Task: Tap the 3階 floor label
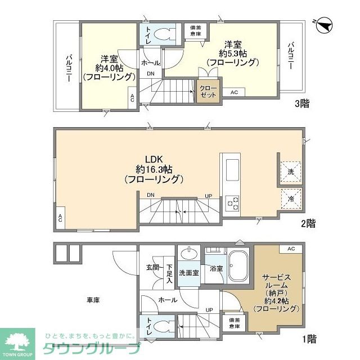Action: [x=302, y=103]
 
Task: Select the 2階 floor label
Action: [x=308, y=223]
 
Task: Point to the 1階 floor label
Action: [x=309, y=339]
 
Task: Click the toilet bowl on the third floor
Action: [x=165, y=35]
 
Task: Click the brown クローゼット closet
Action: [x=208, y=91]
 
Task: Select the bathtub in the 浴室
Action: [x=238, y=265]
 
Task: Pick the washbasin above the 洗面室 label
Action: [x=189, y=254]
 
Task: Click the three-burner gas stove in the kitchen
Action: [x=232, y=204]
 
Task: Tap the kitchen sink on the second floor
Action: [x=232, y=170]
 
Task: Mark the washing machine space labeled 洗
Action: [x=291, y=172]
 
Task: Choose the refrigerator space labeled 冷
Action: [x=291, y=199]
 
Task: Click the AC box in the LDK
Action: [x=60, y=218]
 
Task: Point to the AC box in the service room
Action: [x=291, y=249]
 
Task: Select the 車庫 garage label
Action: [x=93, y=300]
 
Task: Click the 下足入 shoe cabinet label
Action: [x=169, y=274]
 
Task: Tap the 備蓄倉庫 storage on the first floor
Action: [x=234, y=323]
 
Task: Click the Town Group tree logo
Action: [x=17, y=344]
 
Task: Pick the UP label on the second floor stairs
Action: [x=209, y=196]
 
